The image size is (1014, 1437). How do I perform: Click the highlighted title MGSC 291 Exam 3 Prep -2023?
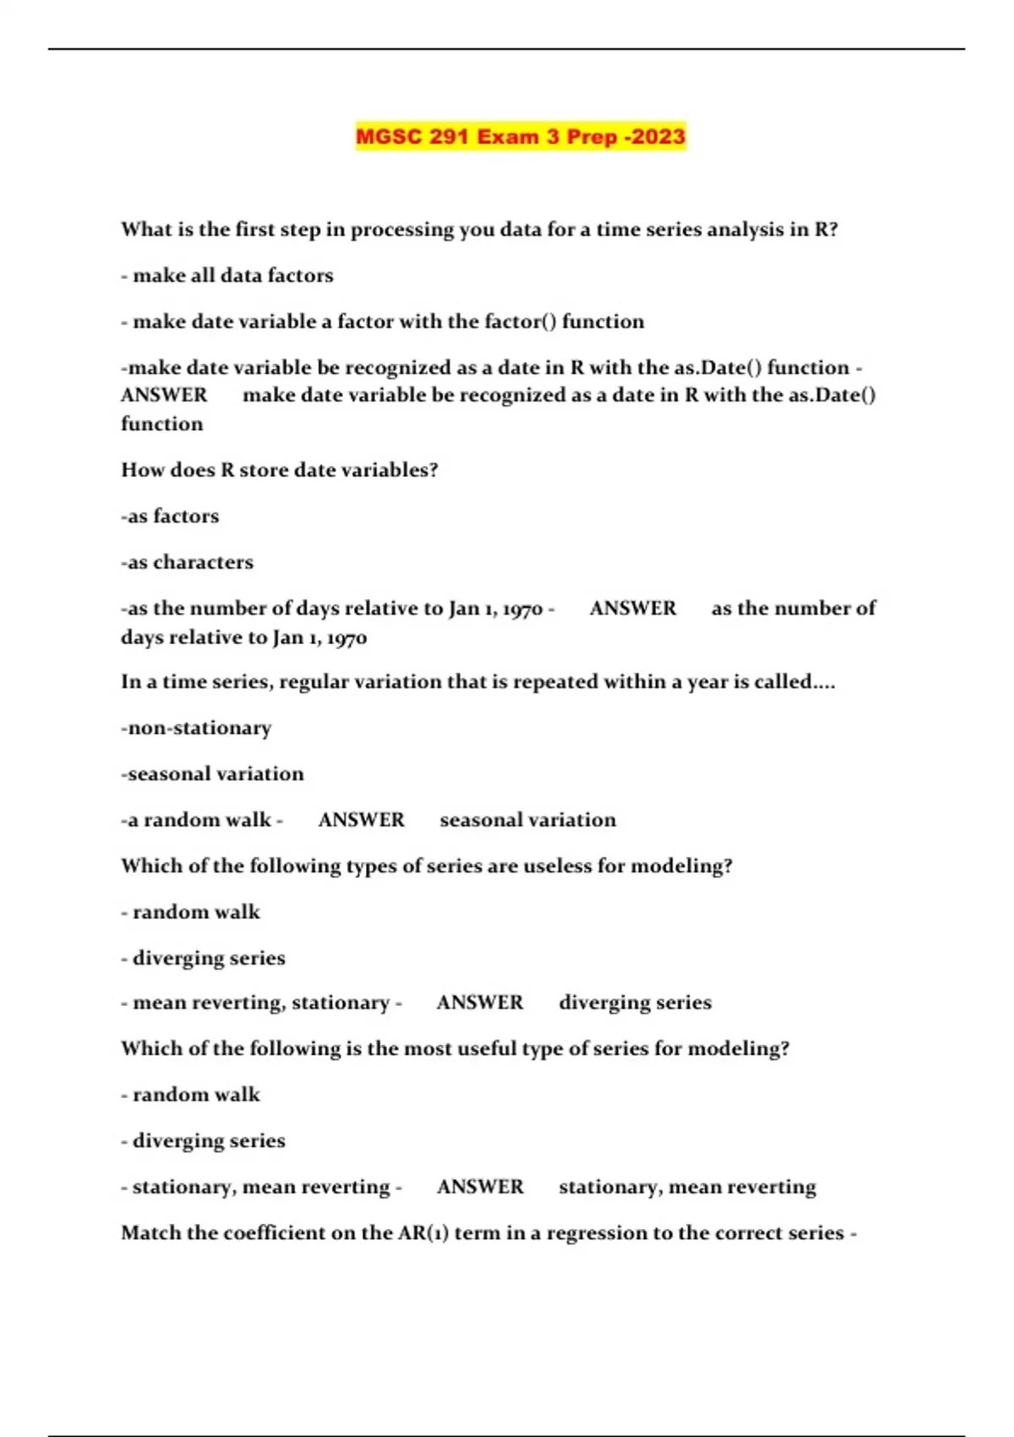[520, 137]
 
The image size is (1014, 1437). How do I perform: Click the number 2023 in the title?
[657, 137]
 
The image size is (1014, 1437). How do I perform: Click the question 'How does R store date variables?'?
[280, 470]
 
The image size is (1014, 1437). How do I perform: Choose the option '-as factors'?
[170, 516]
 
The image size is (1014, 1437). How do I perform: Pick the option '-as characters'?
[187, 562]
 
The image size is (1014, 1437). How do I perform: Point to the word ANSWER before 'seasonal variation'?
[361, 820]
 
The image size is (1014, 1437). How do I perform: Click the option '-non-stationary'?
[196, 728]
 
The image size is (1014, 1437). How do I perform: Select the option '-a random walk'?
[199, 820]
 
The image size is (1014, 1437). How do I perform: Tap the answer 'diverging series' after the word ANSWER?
[635, 1003]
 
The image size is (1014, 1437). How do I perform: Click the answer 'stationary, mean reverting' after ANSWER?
[687, 1187]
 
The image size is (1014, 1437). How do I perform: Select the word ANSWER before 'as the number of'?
[633, 609]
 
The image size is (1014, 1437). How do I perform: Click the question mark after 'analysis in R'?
[833, 230]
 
